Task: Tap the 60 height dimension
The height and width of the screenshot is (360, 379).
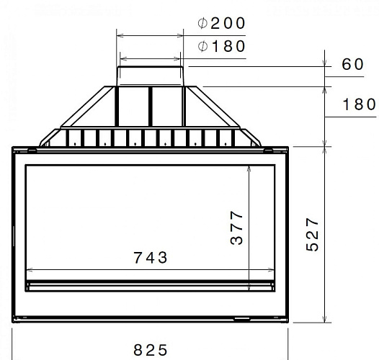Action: click(x=352, y=64)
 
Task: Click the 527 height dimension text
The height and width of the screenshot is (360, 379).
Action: click(x=311, y=235)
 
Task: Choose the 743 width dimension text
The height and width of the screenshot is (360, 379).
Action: click(x=151, y=257)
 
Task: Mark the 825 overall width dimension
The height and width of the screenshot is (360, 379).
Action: click(x=151, y=350)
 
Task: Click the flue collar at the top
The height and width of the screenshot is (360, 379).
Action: click(x=151, y=75)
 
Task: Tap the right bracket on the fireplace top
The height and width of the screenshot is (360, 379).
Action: click(x=269, y=150)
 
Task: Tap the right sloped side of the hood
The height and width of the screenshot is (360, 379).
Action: click(x=220, y=109)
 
